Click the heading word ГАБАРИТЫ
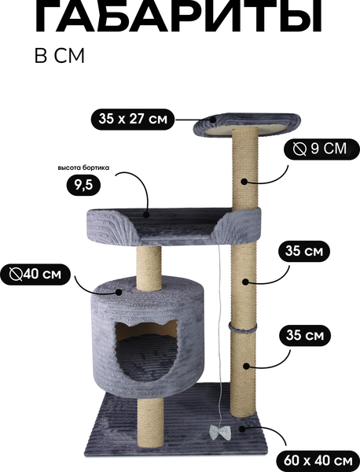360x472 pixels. click(178, 17)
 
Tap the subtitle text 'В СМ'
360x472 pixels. click(60, 56)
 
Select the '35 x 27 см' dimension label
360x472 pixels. click(133, 120)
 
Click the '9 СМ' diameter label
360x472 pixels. click(321, 149)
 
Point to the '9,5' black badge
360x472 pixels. click(83, 186)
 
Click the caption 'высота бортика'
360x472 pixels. click(83, 168)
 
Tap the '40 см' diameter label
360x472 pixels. click(35, 275)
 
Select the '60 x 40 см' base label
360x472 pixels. click(318, 461)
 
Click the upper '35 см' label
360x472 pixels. click(304, 251)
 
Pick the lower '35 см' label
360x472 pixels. click(305, 335)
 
